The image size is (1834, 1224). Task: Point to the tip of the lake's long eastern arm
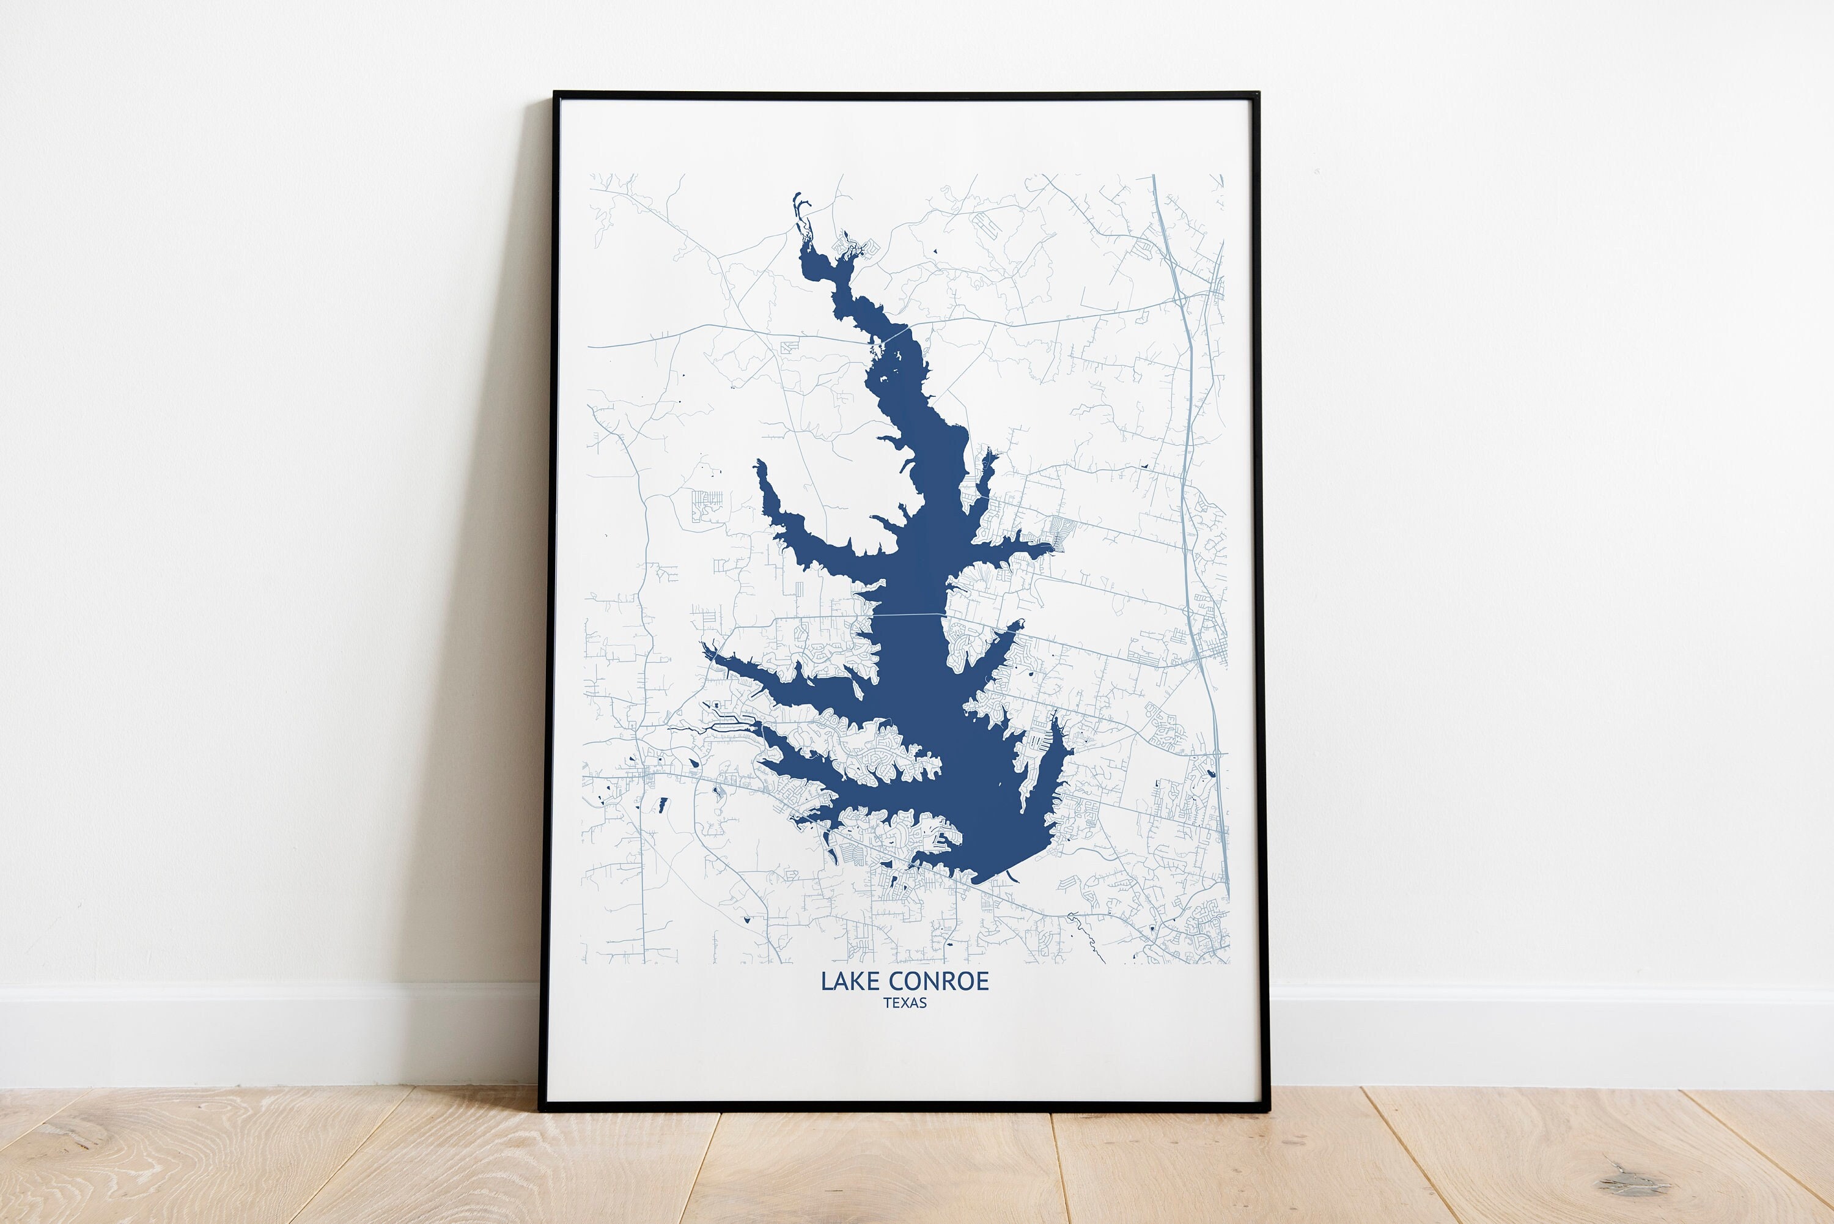click(1050, 547)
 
